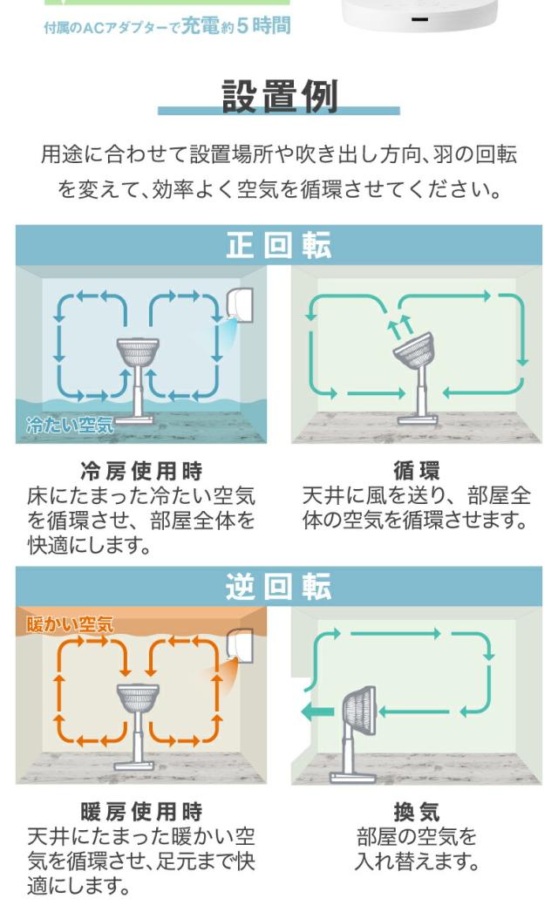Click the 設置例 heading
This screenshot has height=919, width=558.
[x=279, y=97]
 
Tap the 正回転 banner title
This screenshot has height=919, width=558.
[x=279, y=246]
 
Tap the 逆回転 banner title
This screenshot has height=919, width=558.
[x=279, y=587]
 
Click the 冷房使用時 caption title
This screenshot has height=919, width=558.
[x=141, y=472]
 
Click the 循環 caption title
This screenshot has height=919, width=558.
[x=417, y=472]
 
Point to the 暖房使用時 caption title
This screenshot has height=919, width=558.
[x=141, y=813]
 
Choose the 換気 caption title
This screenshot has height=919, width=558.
[x=417, y=813]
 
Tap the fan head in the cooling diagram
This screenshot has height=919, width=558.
[x=139, y=354]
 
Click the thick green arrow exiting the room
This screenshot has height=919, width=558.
[x=316, y=713]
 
